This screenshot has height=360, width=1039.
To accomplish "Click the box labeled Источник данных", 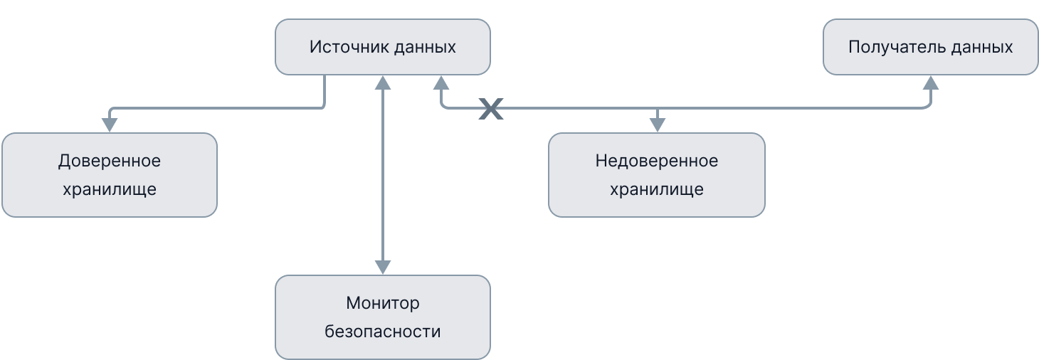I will tap(383, 47).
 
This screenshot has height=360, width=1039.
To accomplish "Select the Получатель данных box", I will tap(930, 47).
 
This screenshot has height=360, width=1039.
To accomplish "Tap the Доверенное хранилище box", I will tap(109, 175).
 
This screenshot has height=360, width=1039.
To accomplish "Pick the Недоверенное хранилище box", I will tap(656, 175).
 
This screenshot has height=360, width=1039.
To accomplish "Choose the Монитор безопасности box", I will tap(383, 317).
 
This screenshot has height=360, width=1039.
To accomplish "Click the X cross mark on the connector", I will tap(490, 108).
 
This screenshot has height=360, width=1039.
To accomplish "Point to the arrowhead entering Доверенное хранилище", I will tap(109, 125).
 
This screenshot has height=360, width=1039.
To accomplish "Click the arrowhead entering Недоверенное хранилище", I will tap(657, 125).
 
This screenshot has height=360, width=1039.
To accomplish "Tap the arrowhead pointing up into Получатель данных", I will tap(931, 83).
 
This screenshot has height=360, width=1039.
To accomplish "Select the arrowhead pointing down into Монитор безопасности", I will tap(383, 267).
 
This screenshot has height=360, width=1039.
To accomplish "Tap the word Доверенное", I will tap(109, 162).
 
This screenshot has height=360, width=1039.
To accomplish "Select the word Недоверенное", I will tap(656, 162).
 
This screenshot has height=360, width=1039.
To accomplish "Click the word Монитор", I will tap(383, 304).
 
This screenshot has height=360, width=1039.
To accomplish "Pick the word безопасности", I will tap(383, 332).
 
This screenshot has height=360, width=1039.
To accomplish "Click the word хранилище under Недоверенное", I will tap(656, 190).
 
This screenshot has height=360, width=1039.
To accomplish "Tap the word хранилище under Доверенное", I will tap(109, 190).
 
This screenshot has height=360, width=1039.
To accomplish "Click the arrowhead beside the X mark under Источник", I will tap(441, 83).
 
